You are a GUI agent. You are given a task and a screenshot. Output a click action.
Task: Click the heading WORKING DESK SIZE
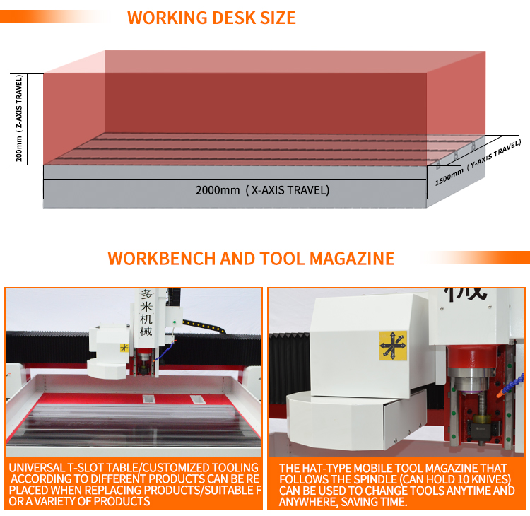[211, 18]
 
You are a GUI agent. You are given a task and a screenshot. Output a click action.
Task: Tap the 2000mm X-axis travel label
[262, 190]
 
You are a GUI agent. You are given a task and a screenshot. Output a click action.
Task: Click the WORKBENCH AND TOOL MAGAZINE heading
[251, 258]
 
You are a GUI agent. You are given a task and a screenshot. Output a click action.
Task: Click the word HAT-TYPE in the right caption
[334, 468]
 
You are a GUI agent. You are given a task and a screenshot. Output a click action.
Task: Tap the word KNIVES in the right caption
[488, 479]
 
